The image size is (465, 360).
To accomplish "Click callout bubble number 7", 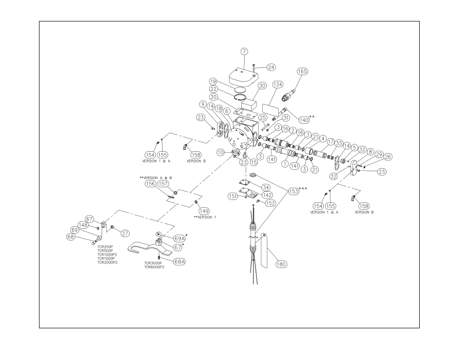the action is pos(244,51).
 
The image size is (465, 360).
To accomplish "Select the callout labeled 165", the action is pos(303,71).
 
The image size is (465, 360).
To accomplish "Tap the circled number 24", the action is pos(271,67).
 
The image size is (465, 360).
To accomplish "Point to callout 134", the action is pos(277,84).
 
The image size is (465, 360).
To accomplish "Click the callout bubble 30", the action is pos(262,86).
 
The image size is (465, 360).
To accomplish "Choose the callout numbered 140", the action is pos(304,120).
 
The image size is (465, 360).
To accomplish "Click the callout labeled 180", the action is pos(281,264).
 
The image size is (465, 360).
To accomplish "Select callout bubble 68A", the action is pos(179,261).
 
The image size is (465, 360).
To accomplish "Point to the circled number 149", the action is pos(204,211).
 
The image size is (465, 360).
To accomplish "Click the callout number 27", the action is pos(125,233).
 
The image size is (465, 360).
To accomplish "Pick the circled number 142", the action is pos(267,195).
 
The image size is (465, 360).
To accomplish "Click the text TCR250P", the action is pos(105,247).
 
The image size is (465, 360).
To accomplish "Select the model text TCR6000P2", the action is pos(154,267).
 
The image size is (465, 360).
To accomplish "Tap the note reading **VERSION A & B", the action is pos(155,178).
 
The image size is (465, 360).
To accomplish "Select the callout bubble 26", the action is pos(387,157).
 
